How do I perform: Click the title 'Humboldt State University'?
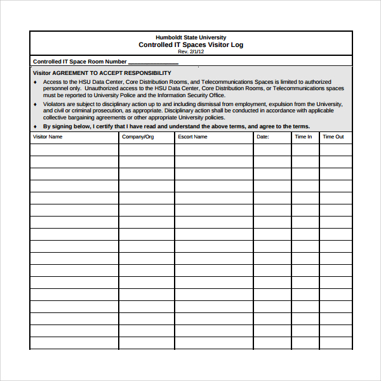190,37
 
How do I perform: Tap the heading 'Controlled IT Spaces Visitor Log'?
190,45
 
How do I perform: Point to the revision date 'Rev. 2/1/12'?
190,51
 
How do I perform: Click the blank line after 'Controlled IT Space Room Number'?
153,62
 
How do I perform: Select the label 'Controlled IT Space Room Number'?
79,62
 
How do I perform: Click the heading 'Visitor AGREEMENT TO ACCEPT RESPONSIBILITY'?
102,73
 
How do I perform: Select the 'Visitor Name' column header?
48,137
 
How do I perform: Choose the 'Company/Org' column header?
138,137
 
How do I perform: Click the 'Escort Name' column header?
192,137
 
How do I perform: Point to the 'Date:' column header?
263,137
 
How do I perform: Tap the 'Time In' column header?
303,137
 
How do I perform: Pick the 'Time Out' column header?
333,137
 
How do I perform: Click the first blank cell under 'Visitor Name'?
74,150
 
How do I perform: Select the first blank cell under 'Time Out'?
335,150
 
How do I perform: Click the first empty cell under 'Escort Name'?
213,150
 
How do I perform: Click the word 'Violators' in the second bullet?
55,104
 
